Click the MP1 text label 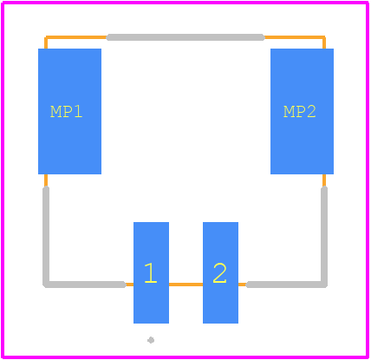click(67, 112)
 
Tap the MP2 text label click(300, 112)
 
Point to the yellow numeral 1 click(151, 273)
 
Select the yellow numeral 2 click(219, 273)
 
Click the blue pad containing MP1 click(69, 111)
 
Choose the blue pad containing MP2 click(302, 111)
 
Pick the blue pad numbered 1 click(151, 272)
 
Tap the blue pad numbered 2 click(220, 272)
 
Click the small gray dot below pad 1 click(151, 340)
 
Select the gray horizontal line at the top click(185, 37)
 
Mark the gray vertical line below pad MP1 click(46, 236)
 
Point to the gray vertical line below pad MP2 click(324, 236)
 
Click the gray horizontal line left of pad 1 click(84, 285)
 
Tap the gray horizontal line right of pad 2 click(287, 285)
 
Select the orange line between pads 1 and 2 click(185, 285)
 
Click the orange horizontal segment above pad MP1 click(76, 37)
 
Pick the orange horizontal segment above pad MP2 click(295, 37)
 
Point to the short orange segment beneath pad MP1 click(46, 180)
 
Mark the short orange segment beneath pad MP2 click(324, 180)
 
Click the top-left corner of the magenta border click(3, 3)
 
